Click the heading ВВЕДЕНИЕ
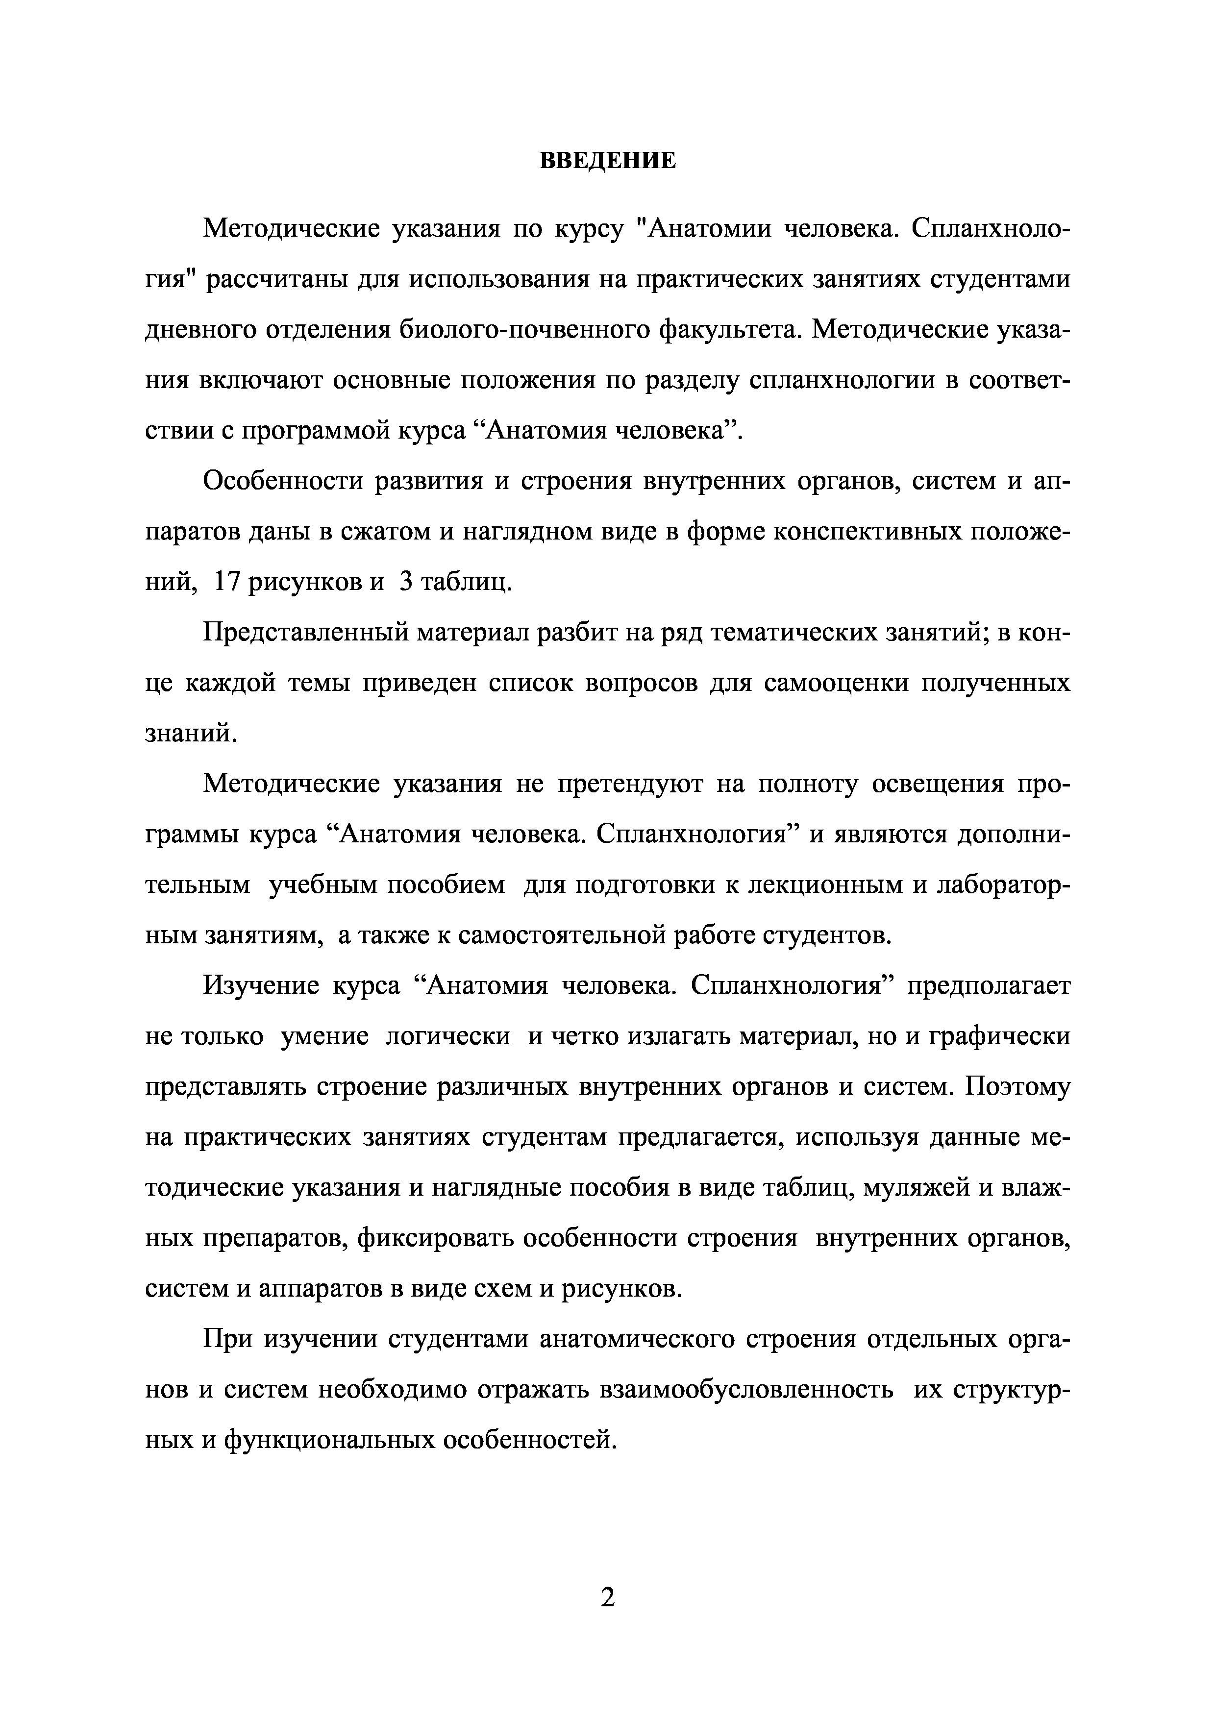[x=607, y=161]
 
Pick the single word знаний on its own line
[x=190, y=734]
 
